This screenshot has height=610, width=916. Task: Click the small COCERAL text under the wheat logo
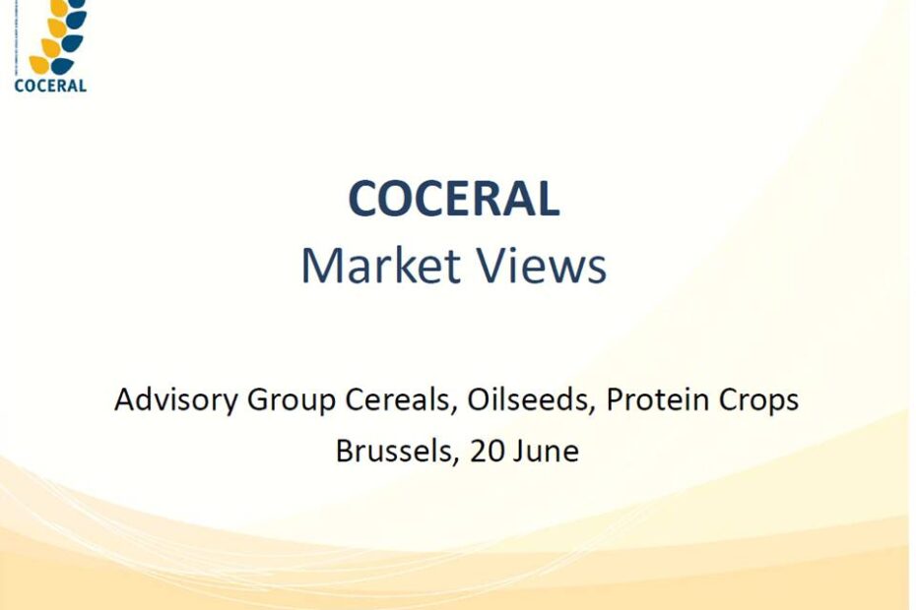(x=50, y=86)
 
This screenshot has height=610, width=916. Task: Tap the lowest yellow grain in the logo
(x=38, y=65)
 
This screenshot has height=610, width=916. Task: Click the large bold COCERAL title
(x=454, y=199)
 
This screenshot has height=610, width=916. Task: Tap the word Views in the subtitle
(x=542, y=266)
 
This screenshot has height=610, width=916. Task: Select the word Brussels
(x=393, y=451)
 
